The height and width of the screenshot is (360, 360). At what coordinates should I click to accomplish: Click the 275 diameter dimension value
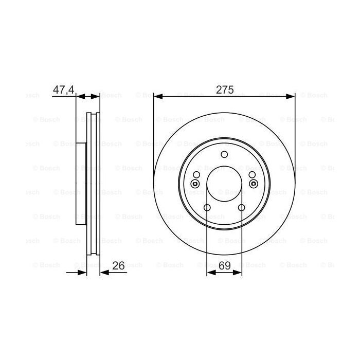tap(224, 89)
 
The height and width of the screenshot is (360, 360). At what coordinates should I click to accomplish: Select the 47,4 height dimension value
tap(63, 89)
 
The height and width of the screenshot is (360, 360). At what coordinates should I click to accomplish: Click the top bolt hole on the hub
tap(224, 155)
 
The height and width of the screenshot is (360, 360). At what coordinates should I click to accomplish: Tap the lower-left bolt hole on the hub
tap(207, 208)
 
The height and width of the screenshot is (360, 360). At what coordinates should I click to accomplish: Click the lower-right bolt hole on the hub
tap(241, 208)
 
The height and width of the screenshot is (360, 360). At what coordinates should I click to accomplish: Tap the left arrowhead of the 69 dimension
tap(210, 272)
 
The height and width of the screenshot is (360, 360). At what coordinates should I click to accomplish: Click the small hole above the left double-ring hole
tap(196, 175)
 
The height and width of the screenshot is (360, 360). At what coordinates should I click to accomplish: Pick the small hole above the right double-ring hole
tap(252, 175)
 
